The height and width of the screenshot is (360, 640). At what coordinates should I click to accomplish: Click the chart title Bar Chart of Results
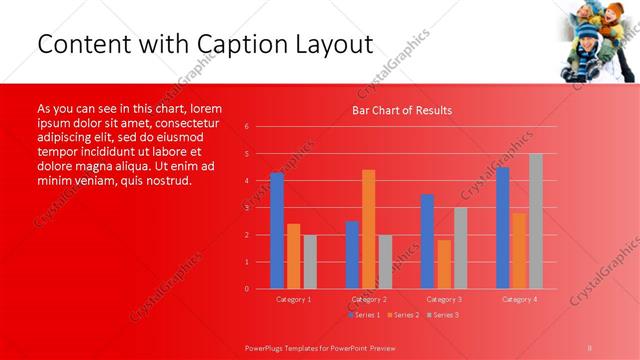(401, 110)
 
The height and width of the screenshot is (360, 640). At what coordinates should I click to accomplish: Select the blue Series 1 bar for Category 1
(277, 230)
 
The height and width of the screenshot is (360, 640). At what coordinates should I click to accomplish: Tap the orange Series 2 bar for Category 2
(369, 229)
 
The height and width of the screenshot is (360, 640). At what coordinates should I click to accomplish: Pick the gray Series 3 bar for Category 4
(536, 221)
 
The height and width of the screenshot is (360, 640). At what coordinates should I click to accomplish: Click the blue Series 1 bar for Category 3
(427, 241)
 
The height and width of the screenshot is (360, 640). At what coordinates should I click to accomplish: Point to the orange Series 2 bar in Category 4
(519, 250)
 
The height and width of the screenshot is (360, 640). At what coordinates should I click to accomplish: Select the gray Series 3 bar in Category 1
(310, 261)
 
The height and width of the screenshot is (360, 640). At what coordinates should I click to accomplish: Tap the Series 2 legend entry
(403, 315)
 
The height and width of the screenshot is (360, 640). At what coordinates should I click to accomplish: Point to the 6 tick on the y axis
(247, 127)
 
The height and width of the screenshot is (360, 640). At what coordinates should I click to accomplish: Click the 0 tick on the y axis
(247, 289)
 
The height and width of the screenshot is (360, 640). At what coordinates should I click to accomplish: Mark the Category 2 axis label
(369, 299)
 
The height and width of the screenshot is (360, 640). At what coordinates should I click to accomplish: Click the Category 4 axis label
(519, 299)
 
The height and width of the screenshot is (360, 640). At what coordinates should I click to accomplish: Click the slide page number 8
(590, 346)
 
